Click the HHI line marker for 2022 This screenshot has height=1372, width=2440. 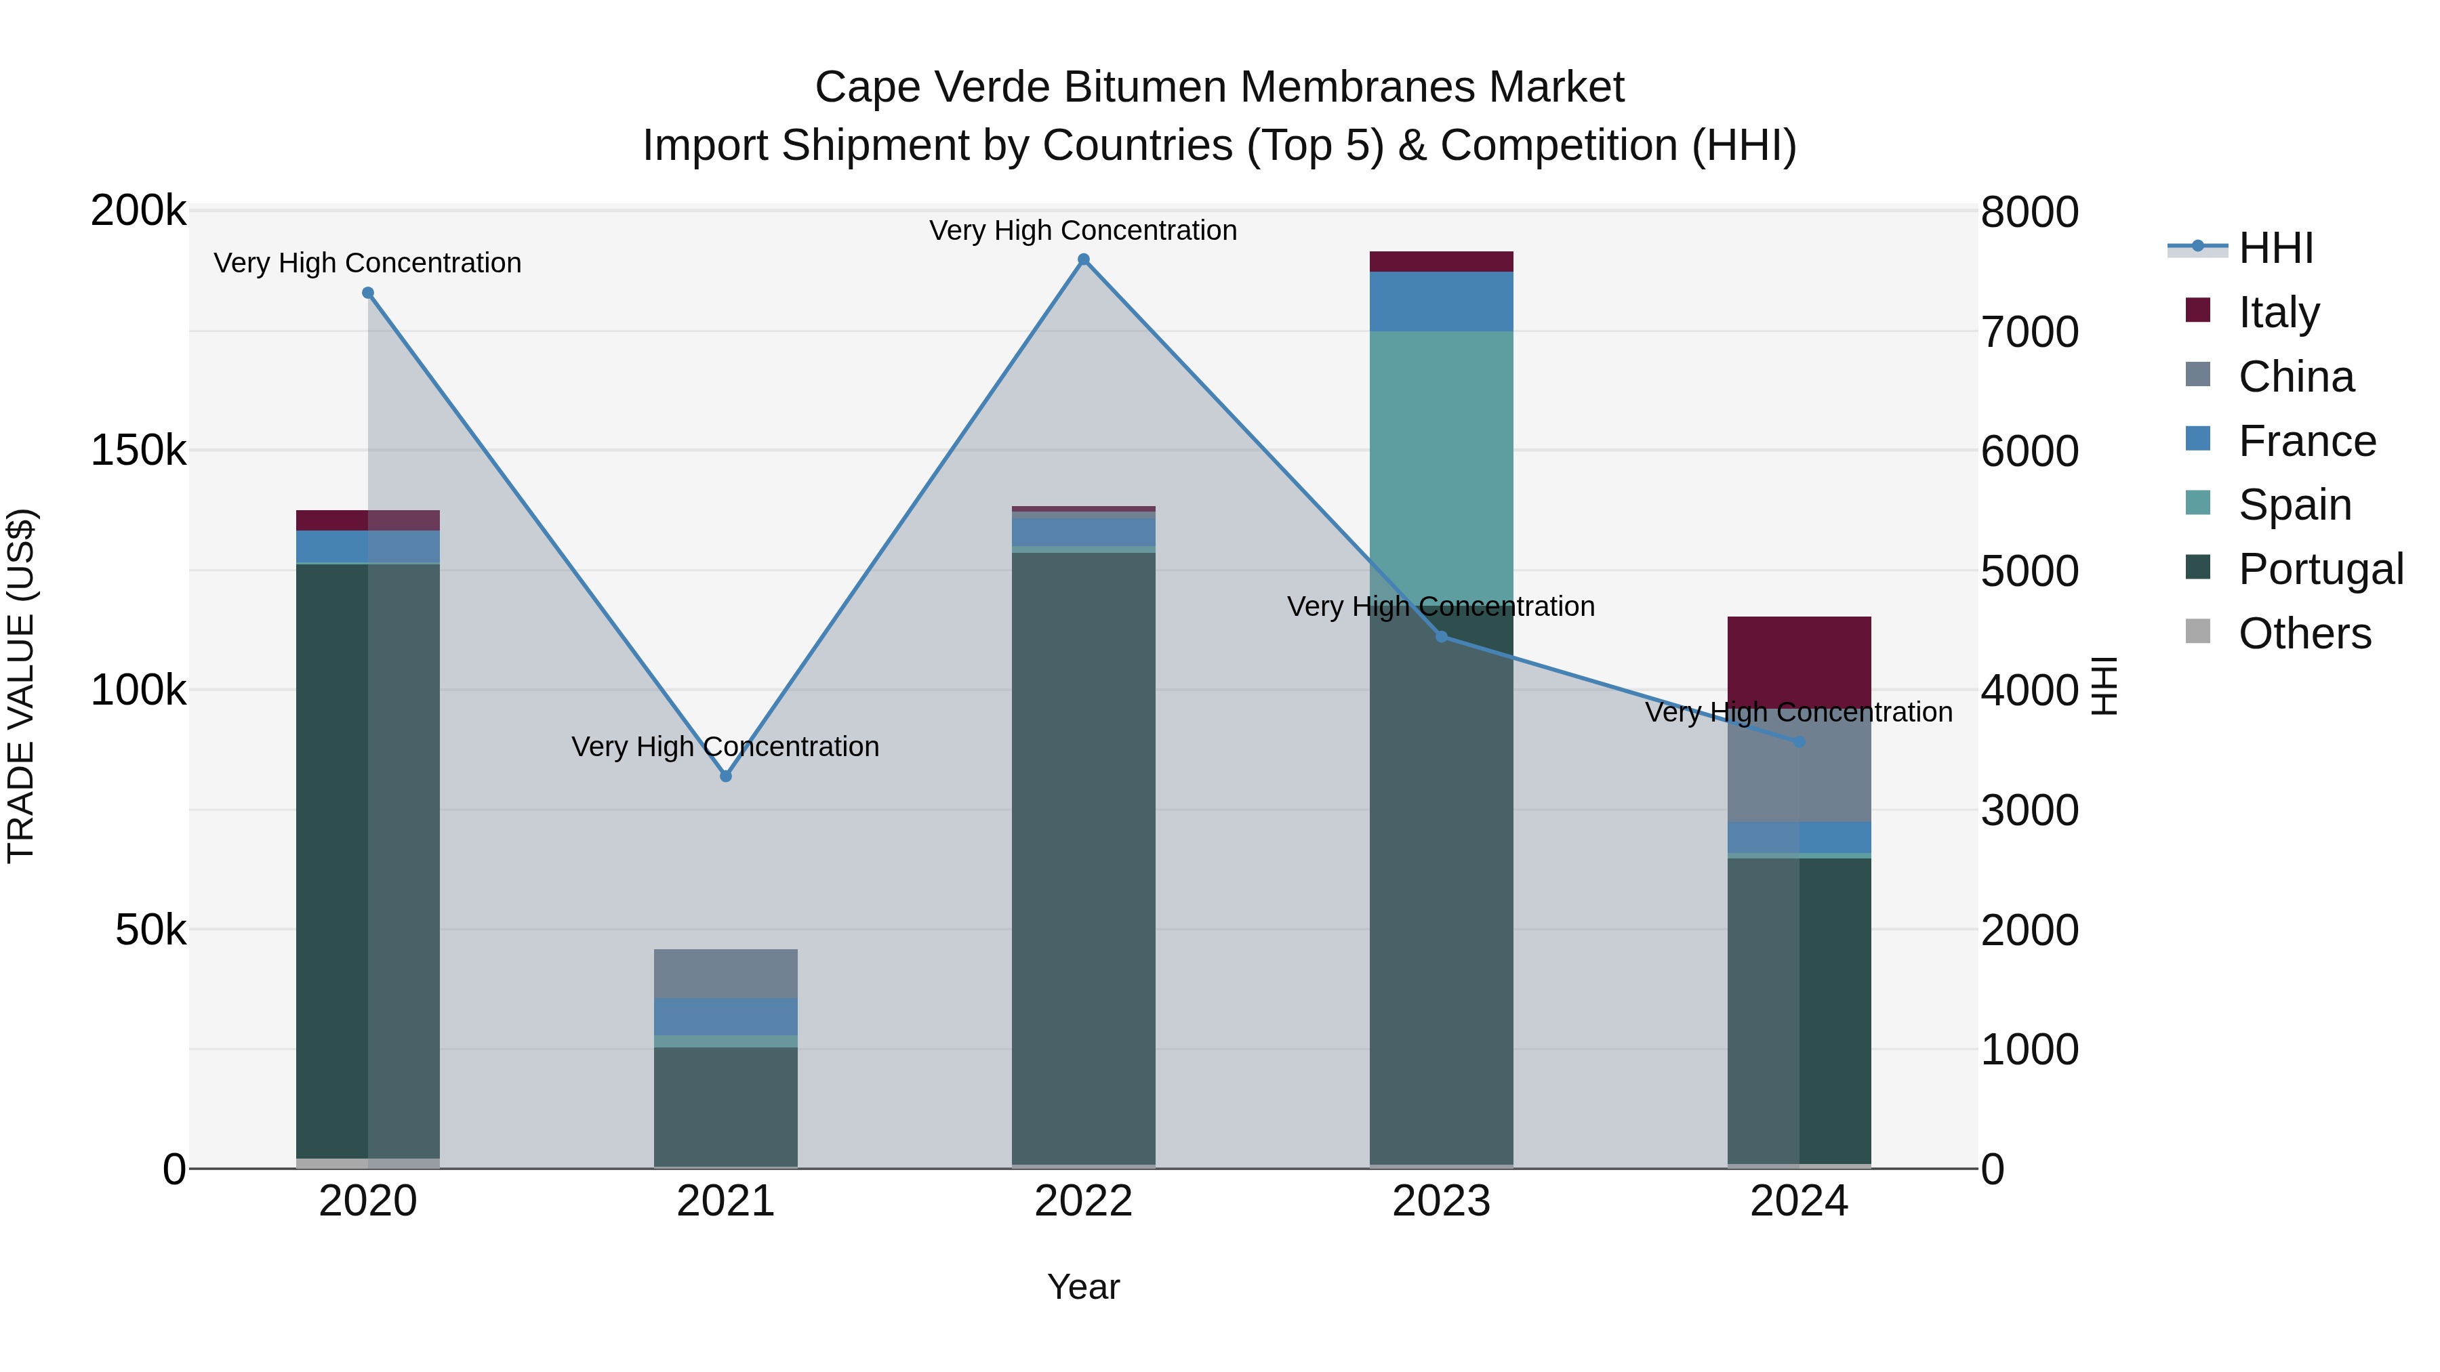(x=1084, y=259)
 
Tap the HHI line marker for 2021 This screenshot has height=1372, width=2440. (x=725, y=776)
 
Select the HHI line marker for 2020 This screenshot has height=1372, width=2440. (x=369, y=293)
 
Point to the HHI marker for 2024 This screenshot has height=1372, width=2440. (x=1799, y=741)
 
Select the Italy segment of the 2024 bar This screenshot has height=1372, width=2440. (x=1799, y=661)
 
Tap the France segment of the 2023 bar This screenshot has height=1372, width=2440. (x=1441, y=300)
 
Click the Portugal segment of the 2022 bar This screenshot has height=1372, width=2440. (x=1084, y=852)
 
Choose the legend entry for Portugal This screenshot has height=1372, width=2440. (x=2320, y=569)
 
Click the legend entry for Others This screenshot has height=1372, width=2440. (x=2304, y=633)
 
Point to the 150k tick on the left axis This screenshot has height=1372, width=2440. (x=138, y=451)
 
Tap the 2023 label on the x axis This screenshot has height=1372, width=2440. (x=1441, y=1201)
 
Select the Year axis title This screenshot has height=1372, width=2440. (x=1084, y=1287)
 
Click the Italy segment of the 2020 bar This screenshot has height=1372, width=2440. (x=369, y=520)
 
